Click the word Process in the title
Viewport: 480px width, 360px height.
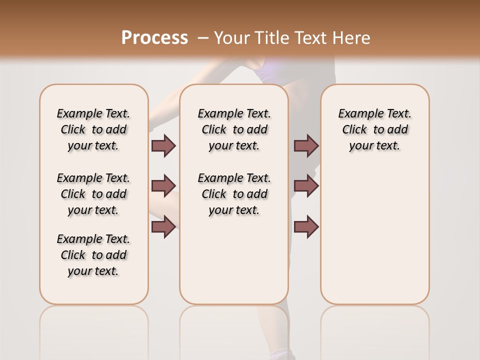tap(154, 37)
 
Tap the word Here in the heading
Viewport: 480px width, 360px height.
tap(352, 37)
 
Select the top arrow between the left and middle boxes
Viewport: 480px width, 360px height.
tap(163, 145)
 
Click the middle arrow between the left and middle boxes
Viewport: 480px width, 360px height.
tap(163, 186)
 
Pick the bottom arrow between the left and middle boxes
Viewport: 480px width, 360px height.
tap(163, 226)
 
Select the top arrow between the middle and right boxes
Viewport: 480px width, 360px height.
tap(306, 145)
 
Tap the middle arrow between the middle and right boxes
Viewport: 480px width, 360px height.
tap(306, 186)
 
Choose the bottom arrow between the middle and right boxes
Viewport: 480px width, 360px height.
tap(306, 226)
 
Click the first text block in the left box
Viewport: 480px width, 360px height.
tap(93, 129)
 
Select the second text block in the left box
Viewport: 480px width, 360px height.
tap(93, 194)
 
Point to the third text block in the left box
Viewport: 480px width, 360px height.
tap(93, 255)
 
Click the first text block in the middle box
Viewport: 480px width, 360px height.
tap(234, 129)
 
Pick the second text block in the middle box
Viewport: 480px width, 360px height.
tap(234, 194)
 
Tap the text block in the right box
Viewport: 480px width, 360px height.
tap(374, 129)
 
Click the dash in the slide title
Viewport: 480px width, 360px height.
tap(203, 37)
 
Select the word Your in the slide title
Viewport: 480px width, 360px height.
tap(231, 37)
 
